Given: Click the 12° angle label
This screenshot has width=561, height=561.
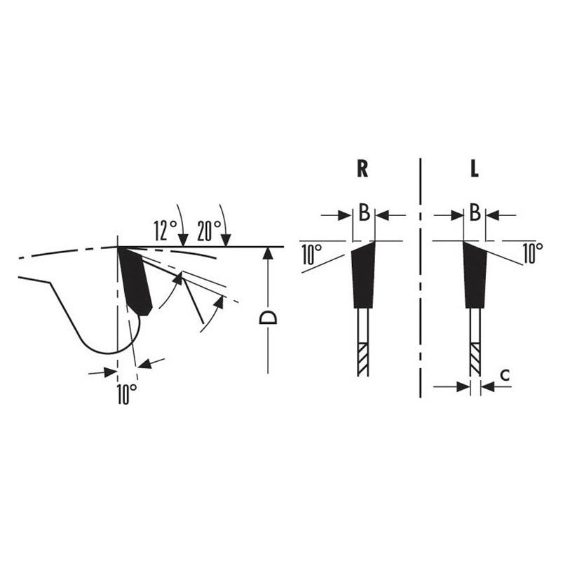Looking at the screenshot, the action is [165, 231].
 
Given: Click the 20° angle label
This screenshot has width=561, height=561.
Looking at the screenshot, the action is [209, 231].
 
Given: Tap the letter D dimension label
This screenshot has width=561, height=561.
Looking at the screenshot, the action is [268, 318].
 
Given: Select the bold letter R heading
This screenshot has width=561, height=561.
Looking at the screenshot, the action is [363, 168].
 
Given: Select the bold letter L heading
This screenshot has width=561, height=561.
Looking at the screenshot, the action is [475, 168].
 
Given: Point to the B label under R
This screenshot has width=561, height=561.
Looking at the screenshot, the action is [364, 212].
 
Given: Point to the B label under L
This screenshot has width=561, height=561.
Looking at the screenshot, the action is [475, 212].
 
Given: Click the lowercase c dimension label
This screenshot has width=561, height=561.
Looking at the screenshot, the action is [505, 375].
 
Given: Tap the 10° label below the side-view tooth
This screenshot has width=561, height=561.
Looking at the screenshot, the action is [127, 394].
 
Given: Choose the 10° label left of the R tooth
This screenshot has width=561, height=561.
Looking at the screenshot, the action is [311, 255].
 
